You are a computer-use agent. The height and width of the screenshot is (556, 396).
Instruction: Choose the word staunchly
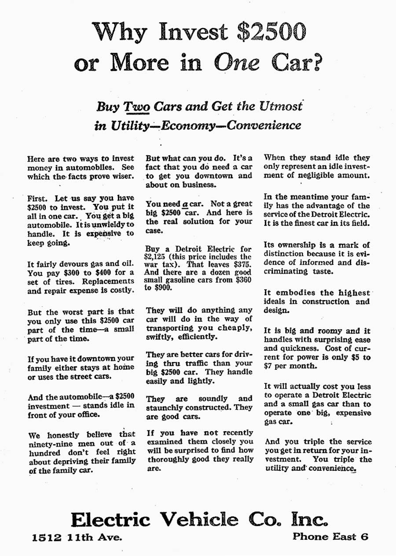click(166, 407)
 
